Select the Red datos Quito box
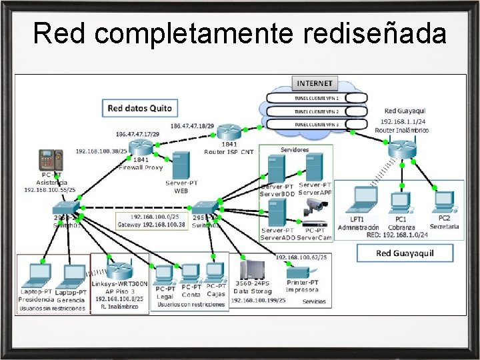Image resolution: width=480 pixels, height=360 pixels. click(140, 107)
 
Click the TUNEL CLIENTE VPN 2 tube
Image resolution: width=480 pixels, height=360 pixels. click(317, 111)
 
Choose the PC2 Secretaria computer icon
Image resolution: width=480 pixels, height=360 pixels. click(443, 201)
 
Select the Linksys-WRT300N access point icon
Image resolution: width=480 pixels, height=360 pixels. click(118, 271)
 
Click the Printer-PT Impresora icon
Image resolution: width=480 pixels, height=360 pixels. click(301, 271)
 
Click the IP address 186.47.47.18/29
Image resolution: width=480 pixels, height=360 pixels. click(192, 125)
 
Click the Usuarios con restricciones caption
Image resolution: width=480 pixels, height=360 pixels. click(191, 305)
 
